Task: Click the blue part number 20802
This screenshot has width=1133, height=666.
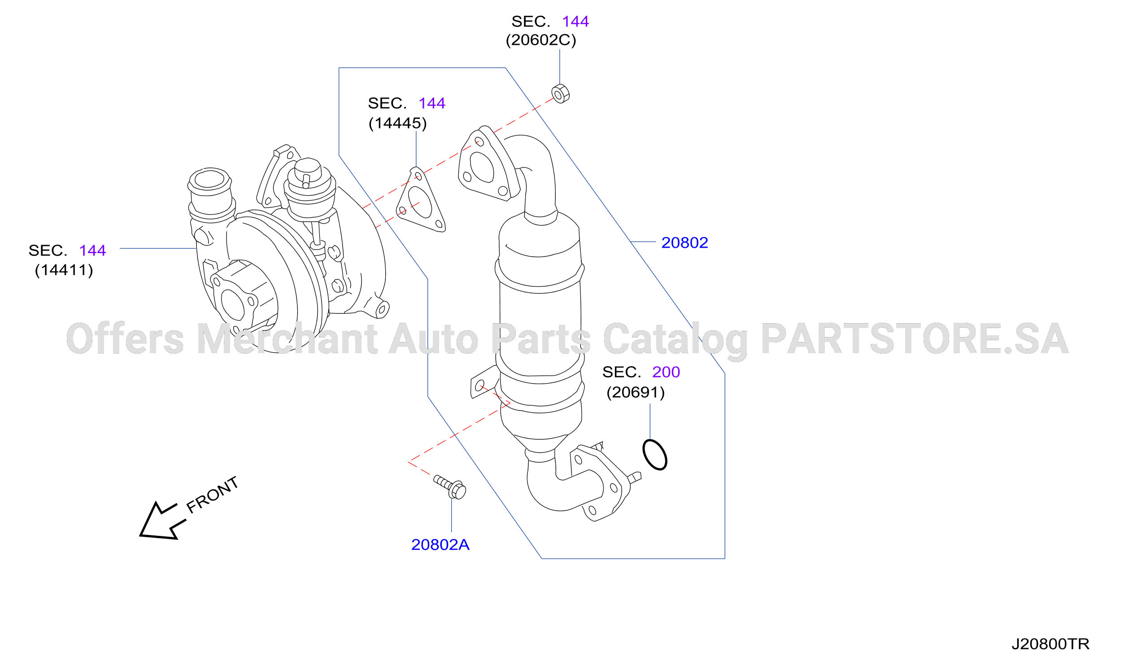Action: pyautogui.click(x=684, y=242)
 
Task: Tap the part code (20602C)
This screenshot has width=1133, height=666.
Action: pyautogui.click(x=541, y=40)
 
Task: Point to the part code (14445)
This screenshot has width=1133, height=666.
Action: pyautogui.click(x=397, y=123)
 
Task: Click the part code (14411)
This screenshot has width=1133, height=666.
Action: pyautogui.click(x=64, y=270)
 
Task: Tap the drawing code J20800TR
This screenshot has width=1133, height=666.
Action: pyautogui.click(x=1050, y=644)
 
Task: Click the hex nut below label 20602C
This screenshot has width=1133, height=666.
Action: pyautogui.click(x=560, y=94)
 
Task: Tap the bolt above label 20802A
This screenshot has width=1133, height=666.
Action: pyautogui.click(x=449, y=487)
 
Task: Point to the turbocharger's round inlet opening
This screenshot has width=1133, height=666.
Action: pyautogui.click(x=209, y=179)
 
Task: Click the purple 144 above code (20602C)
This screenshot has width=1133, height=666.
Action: pyautogui.click(x=575, y=21)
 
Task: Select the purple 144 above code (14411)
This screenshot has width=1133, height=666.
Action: pyautogui.click(x=92, y=250)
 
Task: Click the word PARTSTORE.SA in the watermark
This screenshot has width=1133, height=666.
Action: pyautogui.click(x=915, y=338)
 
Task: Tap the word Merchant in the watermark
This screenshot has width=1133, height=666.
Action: pyautogui.click(x=287, y=338)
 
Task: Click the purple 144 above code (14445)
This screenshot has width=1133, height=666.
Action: pyautogui.click(x=431, y=103)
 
